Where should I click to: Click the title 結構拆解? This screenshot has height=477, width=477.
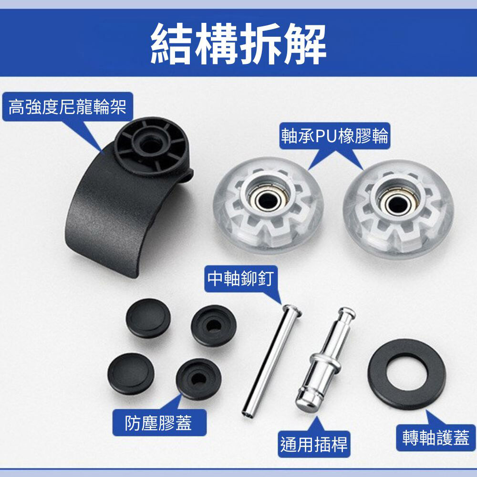[x=238, y=43]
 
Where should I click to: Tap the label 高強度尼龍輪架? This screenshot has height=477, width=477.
[x=67, y=107]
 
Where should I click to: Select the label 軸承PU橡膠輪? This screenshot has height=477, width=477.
[x=335, y=135]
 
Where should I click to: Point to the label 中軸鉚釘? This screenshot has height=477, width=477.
[x=240, y=279]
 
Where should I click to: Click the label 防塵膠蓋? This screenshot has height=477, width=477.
[x=158, y=423]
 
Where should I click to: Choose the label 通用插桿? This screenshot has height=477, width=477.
[x=314, y=444]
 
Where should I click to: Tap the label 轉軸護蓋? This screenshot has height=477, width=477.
[x=436, y=437]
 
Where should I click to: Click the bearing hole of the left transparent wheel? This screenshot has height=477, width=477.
[x=268, y=200]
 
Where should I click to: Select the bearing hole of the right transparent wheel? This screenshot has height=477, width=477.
[x=397, y=203]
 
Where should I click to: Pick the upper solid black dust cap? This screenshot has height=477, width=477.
[x=148, y=318]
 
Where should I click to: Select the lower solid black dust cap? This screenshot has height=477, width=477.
[x=131, y=373]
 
